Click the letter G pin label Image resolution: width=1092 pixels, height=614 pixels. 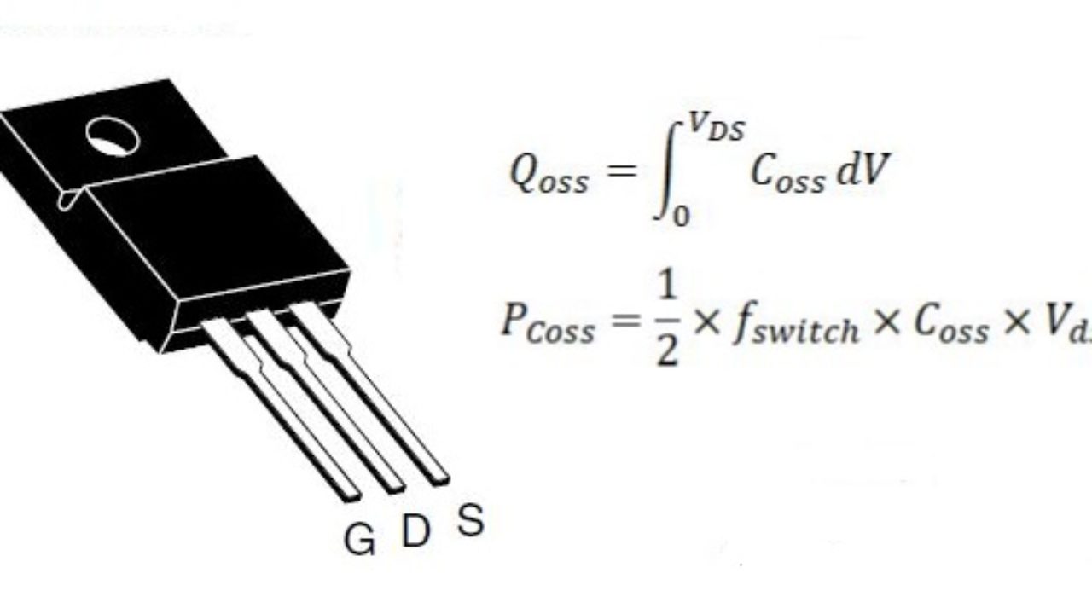[x=359, y=539]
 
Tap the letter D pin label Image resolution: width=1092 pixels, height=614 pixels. [x=415, y=531]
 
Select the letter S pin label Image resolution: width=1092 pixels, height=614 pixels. [x=470, y=519]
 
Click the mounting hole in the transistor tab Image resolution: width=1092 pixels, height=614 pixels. [x=113, y=136]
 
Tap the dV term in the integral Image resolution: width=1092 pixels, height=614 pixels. [x=863, y=171]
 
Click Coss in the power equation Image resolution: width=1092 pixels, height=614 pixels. [x=951, y=327]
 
